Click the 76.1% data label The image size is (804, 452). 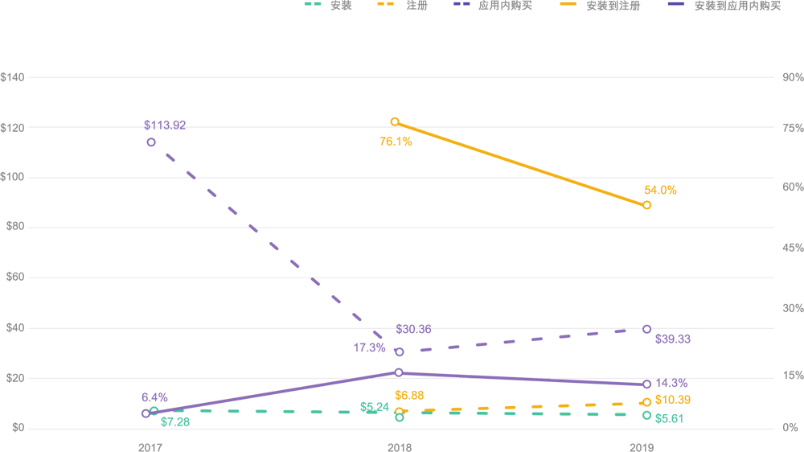[396, 142]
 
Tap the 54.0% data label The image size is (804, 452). [660, 191]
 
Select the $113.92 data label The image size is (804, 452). [165, 125]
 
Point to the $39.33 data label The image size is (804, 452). [673, 339]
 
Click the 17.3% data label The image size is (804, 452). [369, 348]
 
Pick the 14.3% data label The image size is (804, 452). [671, 384]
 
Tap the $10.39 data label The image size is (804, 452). [673, 401]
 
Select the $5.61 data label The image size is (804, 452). [669, 418]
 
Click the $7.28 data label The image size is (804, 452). [174, 421]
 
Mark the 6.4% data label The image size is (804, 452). [154, 397]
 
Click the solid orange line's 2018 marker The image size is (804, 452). [395, 122]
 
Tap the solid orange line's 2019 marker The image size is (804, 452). [646, 205]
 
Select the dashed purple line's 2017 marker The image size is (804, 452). [151, 142]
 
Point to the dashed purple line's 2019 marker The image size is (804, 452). [646, 329]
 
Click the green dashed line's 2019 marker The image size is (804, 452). [646, 415]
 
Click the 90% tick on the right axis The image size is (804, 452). [792, 77]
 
